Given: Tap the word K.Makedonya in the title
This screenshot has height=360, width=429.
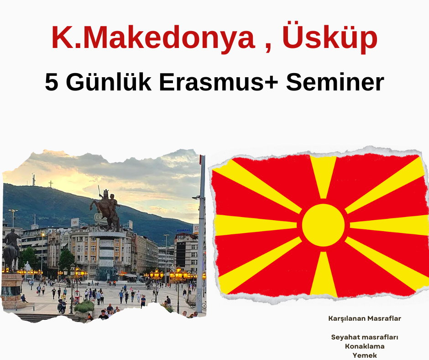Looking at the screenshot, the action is [x=153, y=37].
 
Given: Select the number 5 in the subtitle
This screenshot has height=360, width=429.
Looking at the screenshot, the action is [x=52, y=82].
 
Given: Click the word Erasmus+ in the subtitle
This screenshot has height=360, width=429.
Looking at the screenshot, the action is [x=218, y=82].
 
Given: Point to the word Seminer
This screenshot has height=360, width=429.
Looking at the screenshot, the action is [x=335, y=82].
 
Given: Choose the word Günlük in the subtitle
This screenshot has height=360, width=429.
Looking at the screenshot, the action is [x=109, y=82].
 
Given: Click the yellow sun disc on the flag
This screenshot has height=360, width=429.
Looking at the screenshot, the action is [x=323, y=225].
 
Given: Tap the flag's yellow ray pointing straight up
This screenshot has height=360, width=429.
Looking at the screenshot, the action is [x=323, y=177].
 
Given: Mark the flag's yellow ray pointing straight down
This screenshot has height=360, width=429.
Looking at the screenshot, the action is [x=323, y=274].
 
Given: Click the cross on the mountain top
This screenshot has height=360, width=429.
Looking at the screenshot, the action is [x=50, y=184].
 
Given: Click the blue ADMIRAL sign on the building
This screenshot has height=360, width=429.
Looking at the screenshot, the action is [x=183, y=230].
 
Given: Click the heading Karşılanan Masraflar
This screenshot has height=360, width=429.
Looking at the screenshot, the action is [x=365, y=318].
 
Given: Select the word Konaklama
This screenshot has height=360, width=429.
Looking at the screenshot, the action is [x=365, y=346].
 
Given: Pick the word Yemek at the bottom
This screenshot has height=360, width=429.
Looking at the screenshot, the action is [x=365, y=355].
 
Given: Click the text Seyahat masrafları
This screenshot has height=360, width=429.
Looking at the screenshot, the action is [x=365, y=337].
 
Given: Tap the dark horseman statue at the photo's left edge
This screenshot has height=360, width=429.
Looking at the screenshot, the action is [x=11, y=249].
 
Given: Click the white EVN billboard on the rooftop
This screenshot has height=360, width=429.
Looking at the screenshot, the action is [x=75, y=222].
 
